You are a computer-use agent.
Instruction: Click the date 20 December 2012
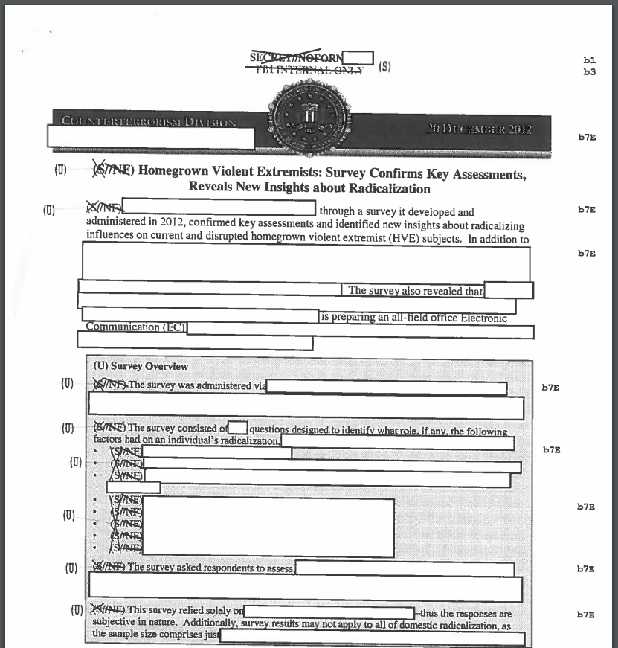point(479,129)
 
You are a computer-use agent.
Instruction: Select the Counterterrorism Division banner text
point(145,123)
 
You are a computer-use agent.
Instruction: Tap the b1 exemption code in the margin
point(590,60)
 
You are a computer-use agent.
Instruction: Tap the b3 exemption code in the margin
point(590,72)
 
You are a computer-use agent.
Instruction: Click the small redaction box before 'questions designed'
point(238,428)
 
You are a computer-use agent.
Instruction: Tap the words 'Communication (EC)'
point(135,327)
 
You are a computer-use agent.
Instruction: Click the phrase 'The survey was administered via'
point(196,385)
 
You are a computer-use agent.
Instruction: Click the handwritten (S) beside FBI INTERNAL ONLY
point(384,66)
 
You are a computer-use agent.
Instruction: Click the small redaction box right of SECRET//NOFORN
point(358,57)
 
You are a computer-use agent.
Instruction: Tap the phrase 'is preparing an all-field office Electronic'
point(413,318)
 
